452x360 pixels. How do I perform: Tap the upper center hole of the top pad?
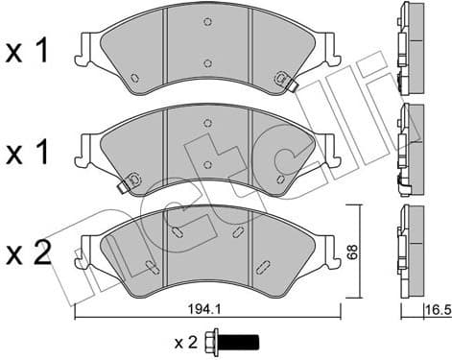tap(208, 22)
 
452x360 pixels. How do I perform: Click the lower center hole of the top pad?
tap(208, 64)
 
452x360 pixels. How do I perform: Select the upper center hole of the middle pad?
tap(208, 122)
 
